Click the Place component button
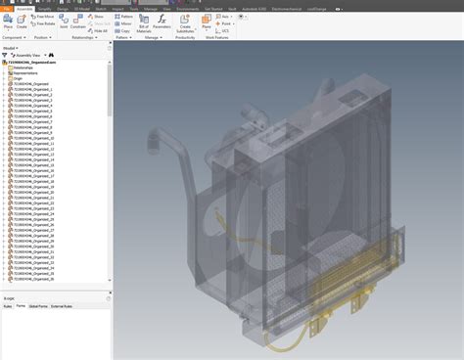pos(8,22)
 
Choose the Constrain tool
pos(78,23)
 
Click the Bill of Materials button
pos(144,24)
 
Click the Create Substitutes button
pos(184,24)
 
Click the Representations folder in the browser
pos(24,73)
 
